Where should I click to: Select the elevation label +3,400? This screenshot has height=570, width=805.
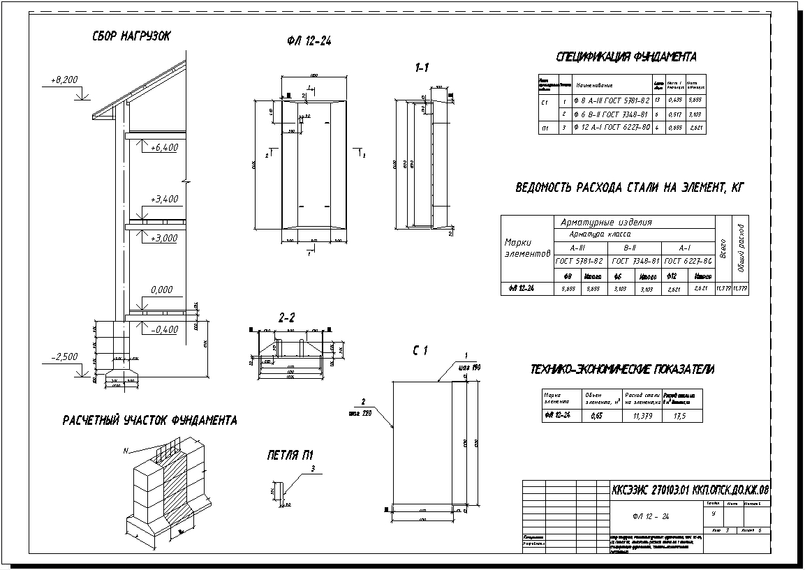click(x=164, y=199)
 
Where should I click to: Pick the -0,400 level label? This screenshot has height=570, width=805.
click(x=164, y=329)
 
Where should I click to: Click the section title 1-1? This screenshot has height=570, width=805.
click(x=422, y=67)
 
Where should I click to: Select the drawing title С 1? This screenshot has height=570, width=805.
click(x=419, y=351)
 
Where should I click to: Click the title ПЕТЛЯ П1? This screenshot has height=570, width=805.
click(x=291, y=456)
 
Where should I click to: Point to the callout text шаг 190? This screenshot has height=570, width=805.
click(x=468, y=367)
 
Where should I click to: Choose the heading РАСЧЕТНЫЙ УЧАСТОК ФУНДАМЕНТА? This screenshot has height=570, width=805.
click(x=149, y=421)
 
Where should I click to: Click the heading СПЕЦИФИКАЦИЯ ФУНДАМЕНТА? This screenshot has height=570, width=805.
click(x=626, y=57)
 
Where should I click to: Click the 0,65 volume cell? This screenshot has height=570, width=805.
click(x=597, y=416)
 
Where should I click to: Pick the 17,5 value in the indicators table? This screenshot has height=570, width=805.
click(x=680, y=416)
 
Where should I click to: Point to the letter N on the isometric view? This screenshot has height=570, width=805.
click(x=126, y=451)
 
